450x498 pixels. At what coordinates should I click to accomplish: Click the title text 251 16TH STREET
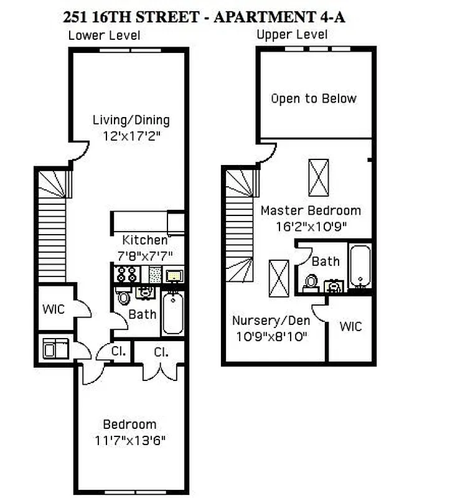[x=133, y=17]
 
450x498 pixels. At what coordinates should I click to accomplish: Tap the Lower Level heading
[x=104, y=35]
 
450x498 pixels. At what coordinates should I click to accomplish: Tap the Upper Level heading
[x=292, y=35]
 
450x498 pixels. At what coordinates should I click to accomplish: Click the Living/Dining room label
[x=131, y=120]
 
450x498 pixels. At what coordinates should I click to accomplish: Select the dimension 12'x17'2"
[x=131, y=135]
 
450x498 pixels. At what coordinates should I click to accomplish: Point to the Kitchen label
[x=145, y=240]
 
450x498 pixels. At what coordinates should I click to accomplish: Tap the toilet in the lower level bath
[x=123, y=296]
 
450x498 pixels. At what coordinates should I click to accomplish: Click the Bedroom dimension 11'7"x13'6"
[x=130, y=440]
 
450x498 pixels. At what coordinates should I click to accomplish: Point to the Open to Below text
[x=314, y=98]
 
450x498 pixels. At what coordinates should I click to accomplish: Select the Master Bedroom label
[x=311, y=210]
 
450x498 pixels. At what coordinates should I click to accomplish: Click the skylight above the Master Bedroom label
[x=318, y=177]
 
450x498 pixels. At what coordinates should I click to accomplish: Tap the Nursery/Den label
[x=271, y=321]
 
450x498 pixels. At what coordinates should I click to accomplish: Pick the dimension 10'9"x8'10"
[x=271, y=336]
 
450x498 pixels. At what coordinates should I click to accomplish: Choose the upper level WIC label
[x=350, y=326]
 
